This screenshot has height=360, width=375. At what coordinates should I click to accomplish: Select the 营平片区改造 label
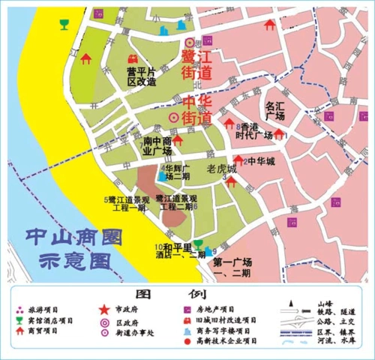point(141,76)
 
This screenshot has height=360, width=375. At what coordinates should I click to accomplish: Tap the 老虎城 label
point(221,169)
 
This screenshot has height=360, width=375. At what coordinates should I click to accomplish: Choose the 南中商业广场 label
point(157,145)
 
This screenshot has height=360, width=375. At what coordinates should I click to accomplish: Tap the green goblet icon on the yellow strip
point(64,23)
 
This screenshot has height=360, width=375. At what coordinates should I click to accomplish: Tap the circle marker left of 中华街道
point(174,118)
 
